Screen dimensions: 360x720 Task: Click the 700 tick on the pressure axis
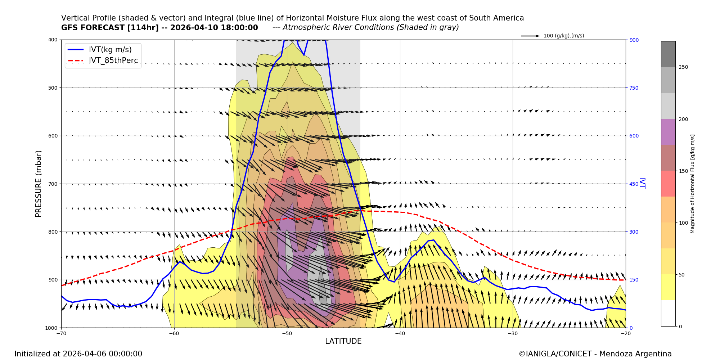tap(53, 184)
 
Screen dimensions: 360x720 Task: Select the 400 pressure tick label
tap(53, 40)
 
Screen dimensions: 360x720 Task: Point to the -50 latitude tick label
tap(287, 333)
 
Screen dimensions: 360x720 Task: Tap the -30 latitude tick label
tap(513, 333)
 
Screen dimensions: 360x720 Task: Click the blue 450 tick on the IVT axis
tap(634, 184)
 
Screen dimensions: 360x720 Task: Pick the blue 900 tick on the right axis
tap(634, 40)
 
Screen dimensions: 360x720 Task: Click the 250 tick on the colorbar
tap(683, 67)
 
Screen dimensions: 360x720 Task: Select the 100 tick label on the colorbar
tap(683, 223)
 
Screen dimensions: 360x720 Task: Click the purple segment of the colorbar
tap(668, 132)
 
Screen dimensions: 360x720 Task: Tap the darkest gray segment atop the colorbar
tap(668, 54)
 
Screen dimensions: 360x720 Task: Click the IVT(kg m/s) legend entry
tap(110, 50)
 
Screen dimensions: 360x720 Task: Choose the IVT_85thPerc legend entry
tap(113, 61)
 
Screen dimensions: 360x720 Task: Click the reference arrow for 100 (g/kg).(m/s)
tap(530, 36)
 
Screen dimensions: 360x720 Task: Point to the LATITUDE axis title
tap(343, 341)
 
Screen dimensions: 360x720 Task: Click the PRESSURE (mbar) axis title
tap(39, 184)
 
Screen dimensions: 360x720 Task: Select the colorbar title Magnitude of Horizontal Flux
tap(692, 184)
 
